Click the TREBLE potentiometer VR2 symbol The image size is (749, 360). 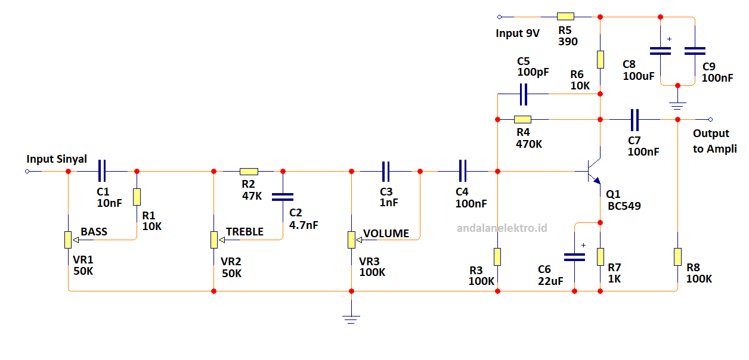click(x=214, y=240)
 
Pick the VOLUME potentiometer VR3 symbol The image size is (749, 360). click(x=351, y=240)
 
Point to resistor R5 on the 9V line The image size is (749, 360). click(x=565, y=17)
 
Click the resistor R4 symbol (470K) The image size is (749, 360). click(x=522, y=119)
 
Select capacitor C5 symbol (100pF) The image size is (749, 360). click(x=524, y=94)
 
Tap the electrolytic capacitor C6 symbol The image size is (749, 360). click(x=574, y=257)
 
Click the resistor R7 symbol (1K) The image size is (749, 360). click(x=600, y=256)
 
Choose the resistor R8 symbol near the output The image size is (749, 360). click(x=677, y=257)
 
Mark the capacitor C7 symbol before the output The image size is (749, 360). click(x=635, y=119)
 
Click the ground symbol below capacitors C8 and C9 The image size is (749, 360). click(x=677, y=105)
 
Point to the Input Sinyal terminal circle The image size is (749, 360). click(x=27, y=172)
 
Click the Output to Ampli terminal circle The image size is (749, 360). click(x=710, y=119)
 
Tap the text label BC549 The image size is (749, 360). click(x=624, y=206)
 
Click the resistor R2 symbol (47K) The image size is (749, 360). click(x=249, y=171)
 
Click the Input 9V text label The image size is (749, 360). click(x=517, y=33)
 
